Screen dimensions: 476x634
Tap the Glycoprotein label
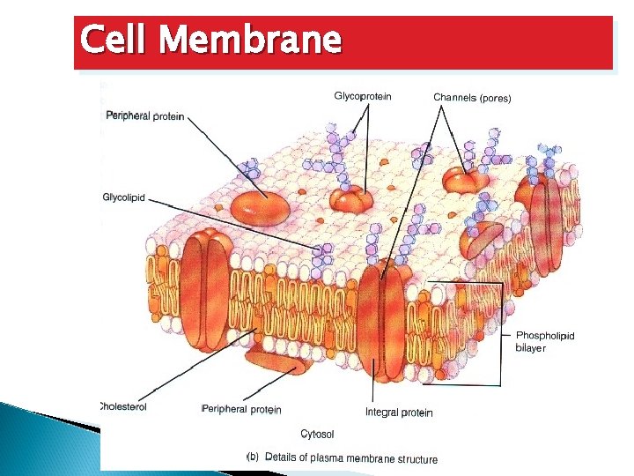(x=363, y=96)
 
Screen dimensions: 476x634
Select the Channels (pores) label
(x=472, y=97)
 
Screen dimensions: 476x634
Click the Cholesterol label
(x=123, y=406)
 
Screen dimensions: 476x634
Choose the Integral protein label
(x=399, y=413)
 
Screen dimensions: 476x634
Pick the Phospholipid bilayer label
(x=544, y=341)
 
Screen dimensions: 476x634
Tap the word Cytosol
(x=317, y=434)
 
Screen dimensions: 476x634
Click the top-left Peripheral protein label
(x=144, y=115)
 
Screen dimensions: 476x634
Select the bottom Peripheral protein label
(x=242, y=409)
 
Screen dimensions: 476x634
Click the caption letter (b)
(x=252, y=457)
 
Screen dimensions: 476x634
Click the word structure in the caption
(x=417, y=458)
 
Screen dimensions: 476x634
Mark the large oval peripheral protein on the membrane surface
(x=260, y=208)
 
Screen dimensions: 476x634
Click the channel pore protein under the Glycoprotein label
(x=352, y=198)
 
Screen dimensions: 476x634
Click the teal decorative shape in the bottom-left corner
(x=44, y=441)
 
